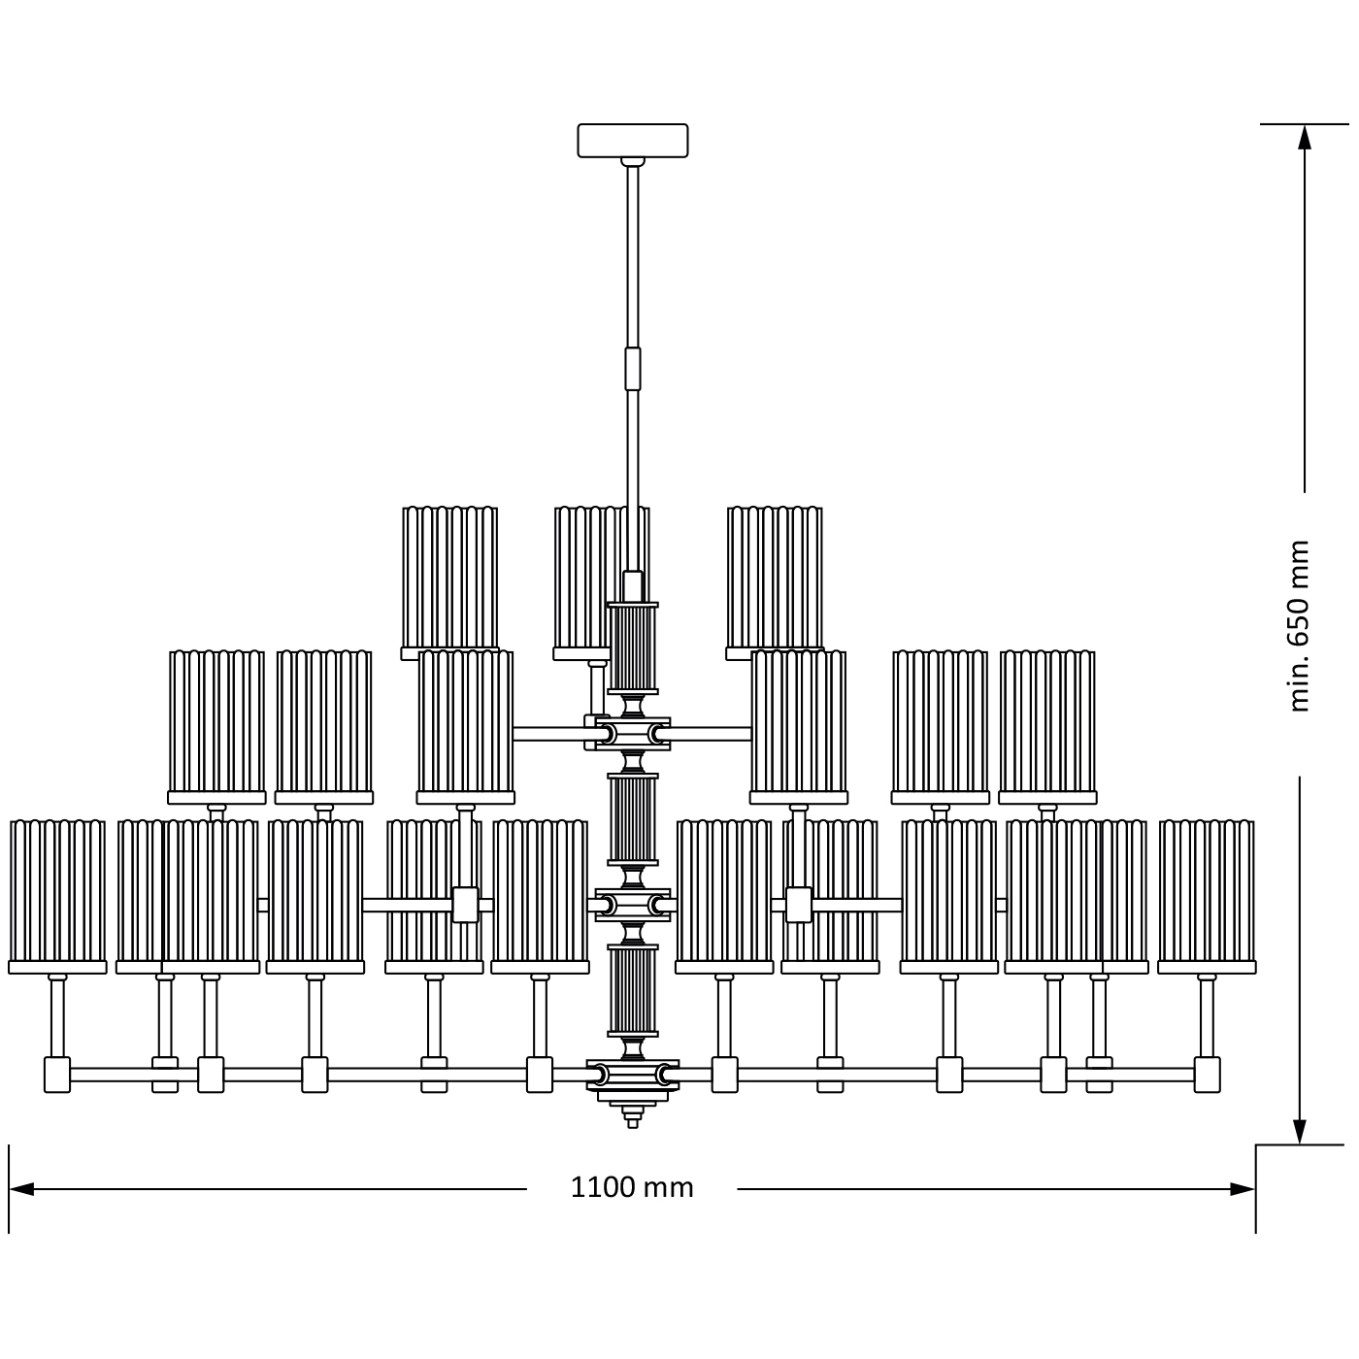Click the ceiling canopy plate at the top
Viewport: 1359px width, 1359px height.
coord(632,140)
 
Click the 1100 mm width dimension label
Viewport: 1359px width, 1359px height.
coord(631,1187)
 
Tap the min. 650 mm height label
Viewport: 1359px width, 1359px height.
coord(1299,627)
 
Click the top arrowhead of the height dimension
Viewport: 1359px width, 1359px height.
coord(1304,138)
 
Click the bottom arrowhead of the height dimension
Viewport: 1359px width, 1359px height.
coord(1299,1132)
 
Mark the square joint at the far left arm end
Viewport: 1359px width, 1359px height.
coord(57,1075)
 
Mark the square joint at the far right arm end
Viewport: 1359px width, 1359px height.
coord(1207,1075)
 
